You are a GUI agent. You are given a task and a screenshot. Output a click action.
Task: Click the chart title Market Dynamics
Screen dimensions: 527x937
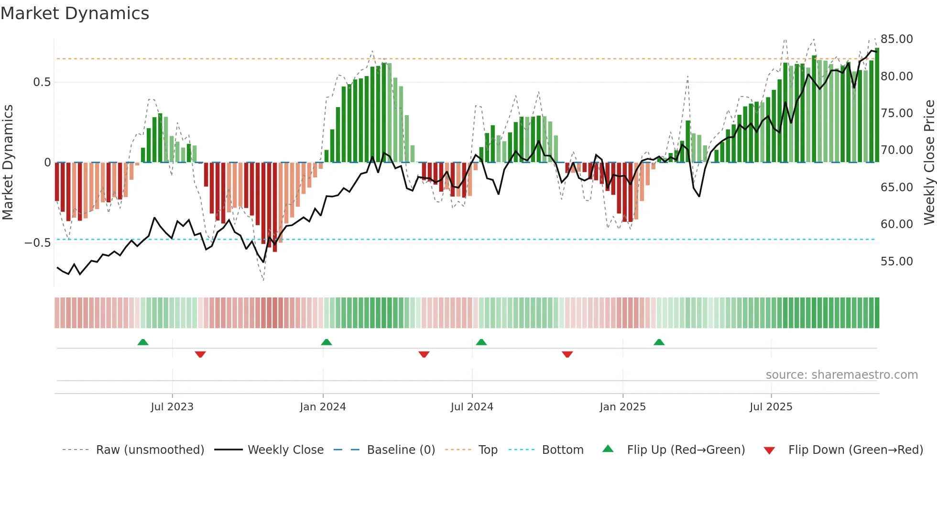pyautogui.click(x=75, y=13)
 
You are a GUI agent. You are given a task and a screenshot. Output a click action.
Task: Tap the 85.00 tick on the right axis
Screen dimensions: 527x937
pyautogui.click(x=896, y=39)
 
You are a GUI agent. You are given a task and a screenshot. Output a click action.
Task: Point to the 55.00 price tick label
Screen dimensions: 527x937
pyautogui.click(x=896, y=262)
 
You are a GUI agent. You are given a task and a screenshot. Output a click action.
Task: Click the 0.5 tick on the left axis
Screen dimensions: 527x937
pyautogui.click(x=42, y=82)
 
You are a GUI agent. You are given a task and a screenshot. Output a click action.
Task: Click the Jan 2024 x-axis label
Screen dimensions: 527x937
pyautogui.click(x=323, y=407)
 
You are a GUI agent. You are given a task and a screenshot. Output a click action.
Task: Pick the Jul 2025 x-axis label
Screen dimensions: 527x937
pyautogui.click(x=771, y=407)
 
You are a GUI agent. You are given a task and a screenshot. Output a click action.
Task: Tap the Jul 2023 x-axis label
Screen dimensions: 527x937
pyautogui.click(x=172, y=407)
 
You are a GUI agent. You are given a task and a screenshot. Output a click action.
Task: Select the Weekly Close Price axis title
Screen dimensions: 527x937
pyautogui.click(x=929, y=163)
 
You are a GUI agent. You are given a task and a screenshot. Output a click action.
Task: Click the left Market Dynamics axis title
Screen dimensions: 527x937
pyautogui.click(x=8, y=163)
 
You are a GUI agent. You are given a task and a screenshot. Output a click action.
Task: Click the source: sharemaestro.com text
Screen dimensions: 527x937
pyautogui.click(x=841, y=375)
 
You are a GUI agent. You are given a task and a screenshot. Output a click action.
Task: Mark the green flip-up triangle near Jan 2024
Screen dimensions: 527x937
pyautogui.click(x=327, y=342)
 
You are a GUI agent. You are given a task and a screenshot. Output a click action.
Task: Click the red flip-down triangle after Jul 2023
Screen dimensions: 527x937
pyautogui.click(x=200, y=354)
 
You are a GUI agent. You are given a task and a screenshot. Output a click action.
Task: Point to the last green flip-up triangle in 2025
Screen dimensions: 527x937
pyautogui.click(x=659, y=342)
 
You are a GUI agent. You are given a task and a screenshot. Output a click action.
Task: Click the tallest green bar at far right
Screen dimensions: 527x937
pyautogui.click(x=877, y=105)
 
